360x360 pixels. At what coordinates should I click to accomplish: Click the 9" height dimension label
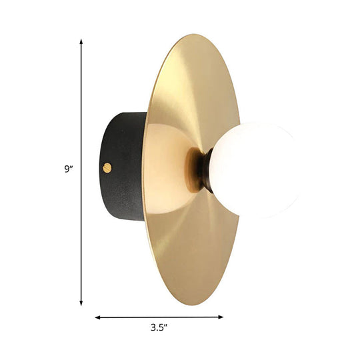67,169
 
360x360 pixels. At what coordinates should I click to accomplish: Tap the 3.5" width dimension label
158,328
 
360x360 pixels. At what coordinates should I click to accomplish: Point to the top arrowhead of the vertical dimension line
81,41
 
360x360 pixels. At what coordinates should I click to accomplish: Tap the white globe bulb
257,169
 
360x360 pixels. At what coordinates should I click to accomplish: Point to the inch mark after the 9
71,167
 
